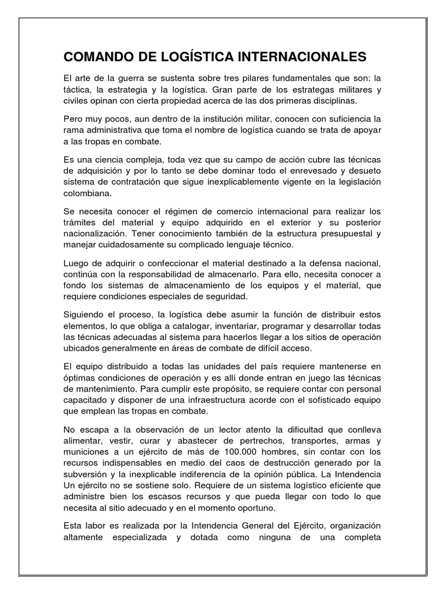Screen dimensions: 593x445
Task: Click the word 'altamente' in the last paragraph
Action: (x=86, y=536)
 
